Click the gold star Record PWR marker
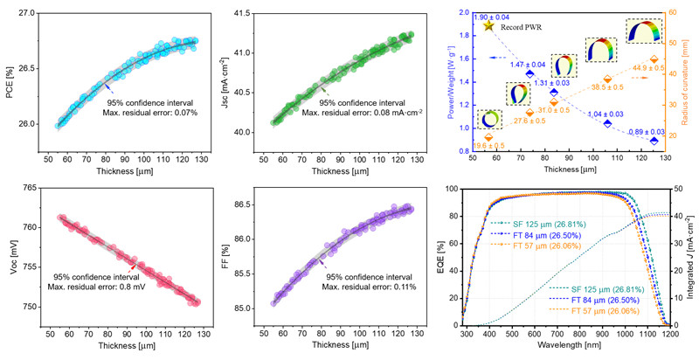tap(488, 24)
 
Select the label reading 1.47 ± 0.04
tap(523, 65)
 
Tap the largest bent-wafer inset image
tap(645, 33)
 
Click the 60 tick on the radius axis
tap(674, 11)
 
